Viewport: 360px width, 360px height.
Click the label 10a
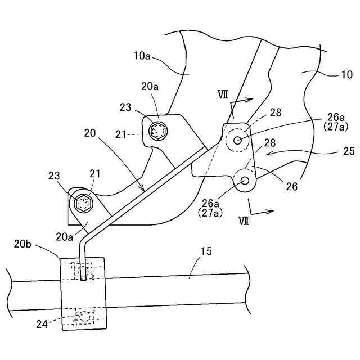tap(142, 57)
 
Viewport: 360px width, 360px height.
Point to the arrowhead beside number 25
tap(269, 152)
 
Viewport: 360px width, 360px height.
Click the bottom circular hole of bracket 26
tap(245, 180)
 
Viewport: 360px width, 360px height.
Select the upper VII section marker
tap(223, 95)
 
